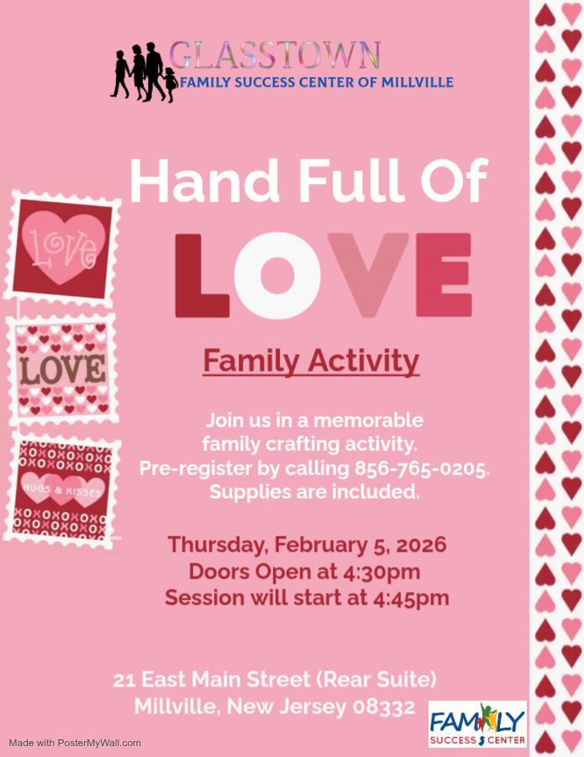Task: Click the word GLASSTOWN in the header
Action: coord(275,56)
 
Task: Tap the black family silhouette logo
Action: coord(144,72)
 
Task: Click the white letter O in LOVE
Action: coord(277,275)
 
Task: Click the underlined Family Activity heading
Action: coord(311,361)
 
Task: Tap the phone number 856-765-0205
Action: coord(422,468)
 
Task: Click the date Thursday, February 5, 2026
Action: coord(307,544)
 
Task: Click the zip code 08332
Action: coord(384,707)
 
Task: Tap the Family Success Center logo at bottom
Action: coord(477,724)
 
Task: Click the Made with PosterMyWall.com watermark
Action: coord(75,743)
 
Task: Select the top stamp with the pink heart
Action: coord(62,246)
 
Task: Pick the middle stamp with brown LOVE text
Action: coord(62,369)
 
